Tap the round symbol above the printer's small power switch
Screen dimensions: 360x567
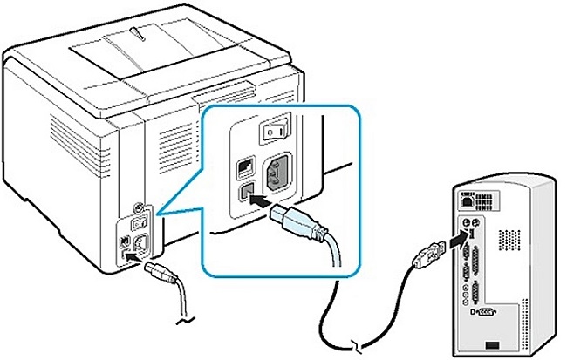[139, 206]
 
